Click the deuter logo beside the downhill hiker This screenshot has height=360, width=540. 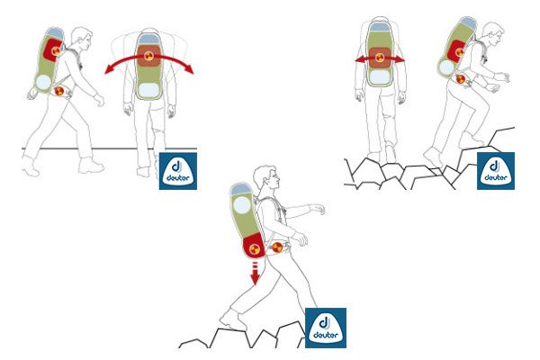[326, 328]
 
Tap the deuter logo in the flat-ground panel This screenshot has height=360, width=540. [178, 171]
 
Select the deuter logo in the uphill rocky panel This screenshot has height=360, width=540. [496, 171]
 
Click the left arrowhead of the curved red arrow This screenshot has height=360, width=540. [110, 69]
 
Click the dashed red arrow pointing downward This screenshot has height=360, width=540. [255, 274]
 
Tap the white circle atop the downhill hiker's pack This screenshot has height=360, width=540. [242, 205]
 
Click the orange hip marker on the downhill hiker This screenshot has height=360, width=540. [277, 247]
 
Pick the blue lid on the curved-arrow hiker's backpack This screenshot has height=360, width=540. [148, 38]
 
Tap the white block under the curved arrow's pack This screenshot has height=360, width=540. [148, 90]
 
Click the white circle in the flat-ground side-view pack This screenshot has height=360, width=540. [43, 82]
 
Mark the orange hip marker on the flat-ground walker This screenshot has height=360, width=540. [59, 91]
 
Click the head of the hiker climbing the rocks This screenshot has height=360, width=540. [493, 33]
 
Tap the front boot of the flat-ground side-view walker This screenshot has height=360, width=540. [91, 166]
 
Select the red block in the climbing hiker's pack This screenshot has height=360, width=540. [456, 50]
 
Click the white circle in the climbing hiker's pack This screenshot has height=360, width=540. [446, 67]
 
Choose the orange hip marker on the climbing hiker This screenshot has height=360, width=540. [461, 79]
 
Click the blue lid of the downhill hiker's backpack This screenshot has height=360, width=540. [240, 189]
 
